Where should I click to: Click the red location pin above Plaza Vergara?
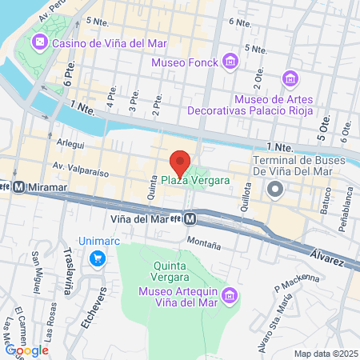point(180,162)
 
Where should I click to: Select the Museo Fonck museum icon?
point(230,61)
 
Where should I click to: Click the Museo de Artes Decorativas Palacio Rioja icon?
point(290,79)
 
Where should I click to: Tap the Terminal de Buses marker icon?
point(275,190)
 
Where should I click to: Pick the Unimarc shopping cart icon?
point(98,258)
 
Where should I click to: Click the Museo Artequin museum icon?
point(230,297)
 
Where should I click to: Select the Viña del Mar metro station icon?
point(190,218)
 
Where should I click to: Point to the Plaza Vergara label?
point(195,180)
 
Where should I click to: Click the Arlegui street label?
point(70,146)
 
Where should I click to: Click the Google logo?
point(26,350)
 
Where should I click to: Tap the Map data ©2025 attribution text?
point(323,353)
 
